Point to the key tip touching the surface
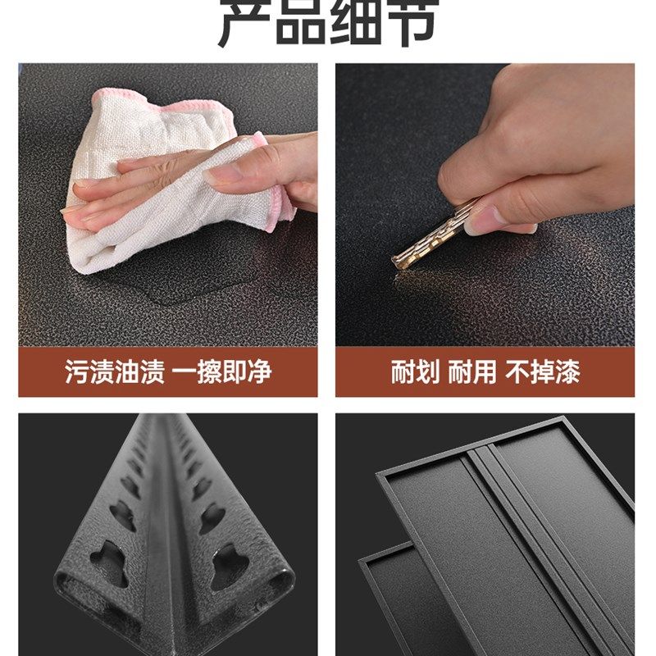(398, 264)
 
